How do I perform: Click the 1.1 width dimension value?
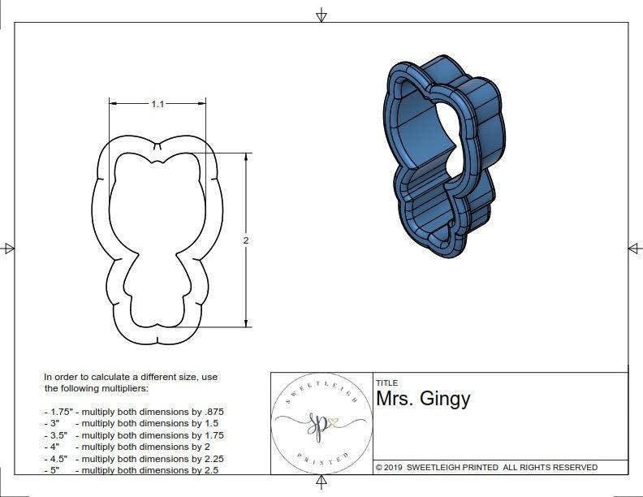[158, 104]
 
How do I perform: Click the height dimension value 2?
[246, 240]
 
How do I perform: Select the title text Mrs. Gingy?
[422, 399]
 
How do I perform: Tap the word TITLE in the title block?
[386, 382]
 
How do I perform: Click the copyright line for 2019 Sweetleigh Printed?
[486, 467]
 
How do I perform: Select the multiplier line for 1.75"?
[133, 412]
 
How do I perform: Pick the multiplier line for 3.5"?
[133, 435]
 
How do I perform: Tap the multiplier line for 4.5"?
[133, 458]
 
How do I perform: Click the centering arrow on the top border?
[321, 15]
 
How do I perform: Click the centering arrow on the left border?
[9, 248]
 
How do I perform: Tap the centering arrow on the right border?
[634, 248]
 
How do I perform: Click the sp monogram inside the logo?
[317, 424]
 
